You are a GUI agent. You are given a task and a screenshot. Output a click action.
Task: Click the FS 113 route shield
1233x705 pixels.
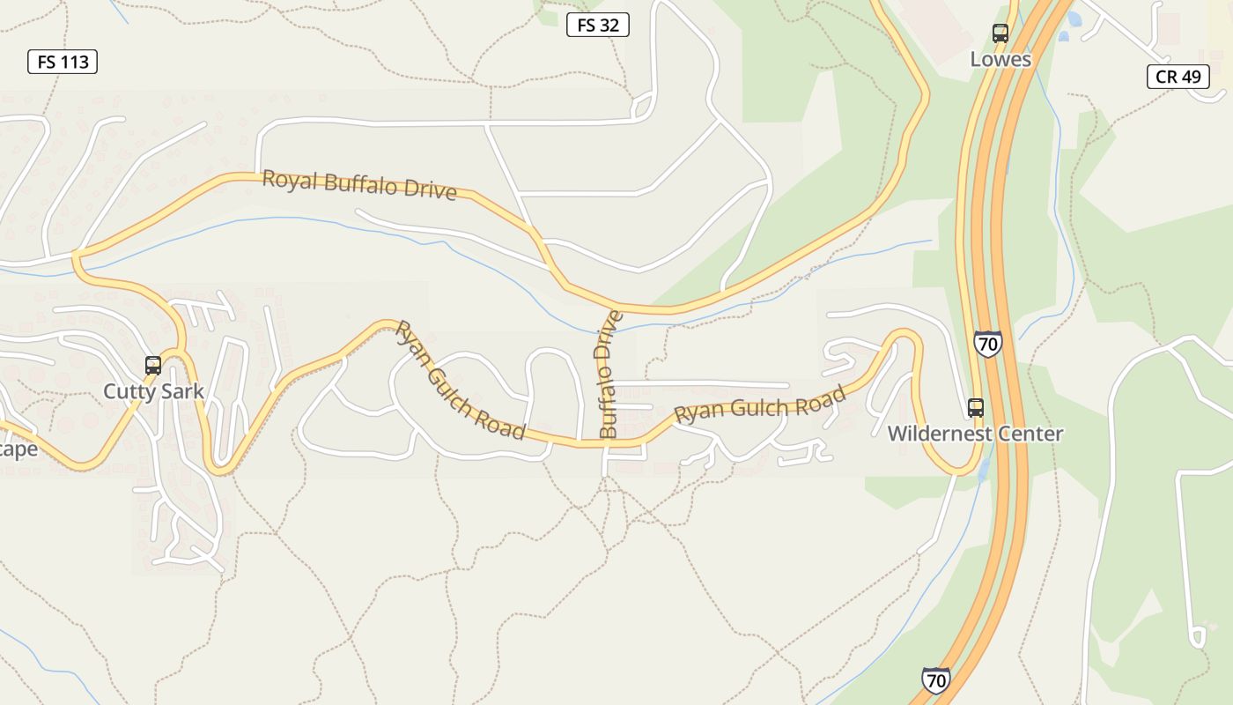click(x=62, y=62)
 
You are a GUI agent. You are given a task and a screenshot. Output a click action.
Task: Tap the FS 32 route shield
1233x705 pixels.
click(x=597, y=25)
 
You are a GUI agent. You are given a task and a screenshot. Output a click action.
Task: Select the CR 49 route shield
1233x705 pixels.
click(x=1178, y=77)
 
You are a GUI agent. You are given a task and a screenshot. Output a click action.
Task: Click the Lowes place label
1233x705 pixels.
click(x=1000, y=59)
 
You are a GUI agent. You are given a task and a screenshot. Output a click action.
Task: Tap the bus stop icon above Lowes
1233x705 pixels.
click(x=1000, y=33)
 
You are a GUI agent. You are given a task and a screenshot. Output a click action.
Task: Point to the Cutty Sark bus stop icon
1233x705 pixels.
click(x=153, y=365)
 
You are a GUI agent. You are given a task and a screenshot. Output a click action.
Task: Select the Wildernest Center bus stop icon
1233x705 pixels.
click(x=976, y=407)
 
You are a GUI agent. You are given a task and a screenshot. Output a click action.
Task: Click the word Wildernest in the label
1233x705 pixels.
click(x=937, y=434)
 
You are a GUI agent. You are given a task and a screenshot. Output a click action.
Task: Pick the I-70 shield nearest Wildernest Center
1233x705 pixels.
click(x=987, y=343)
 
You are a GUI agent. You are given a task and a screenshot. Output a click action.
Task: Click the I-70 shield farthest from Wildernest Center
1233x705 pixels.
click(x=936, y=680)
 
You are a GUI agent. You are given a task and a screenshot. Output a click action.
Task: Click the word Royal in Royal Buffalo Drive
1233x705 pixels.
click(x=290, y=180)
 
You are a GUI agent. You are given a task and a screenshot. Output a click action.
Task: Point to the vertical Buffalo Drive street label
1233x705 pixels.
click(x=609, y=374)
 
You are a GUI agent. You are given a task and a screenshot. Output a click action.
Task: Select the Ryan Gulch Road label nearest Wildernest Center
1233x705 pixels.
click(x=760, y=406)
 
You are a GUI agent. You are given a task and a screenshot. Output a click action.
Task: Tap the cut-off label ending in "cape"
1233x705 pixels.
click(x=18, y=449)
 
